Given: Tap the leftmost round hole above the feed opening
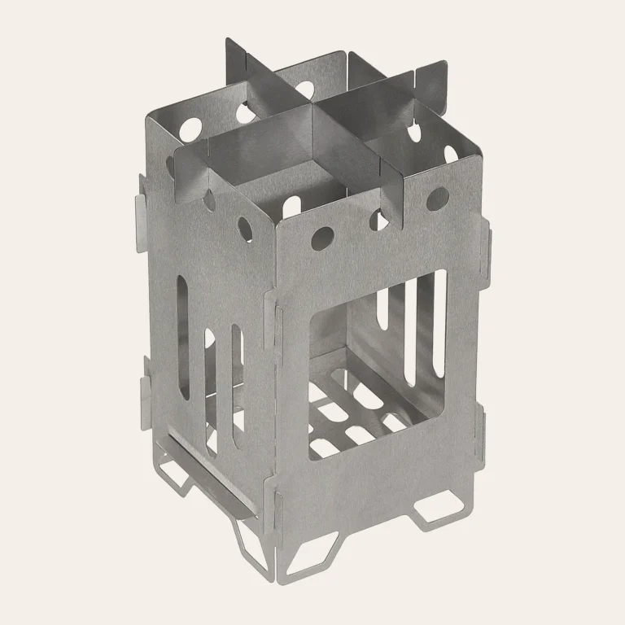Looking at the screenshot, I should coord(321,237).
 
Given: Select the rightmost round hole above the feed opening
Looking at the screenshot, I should coord(437,196).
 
